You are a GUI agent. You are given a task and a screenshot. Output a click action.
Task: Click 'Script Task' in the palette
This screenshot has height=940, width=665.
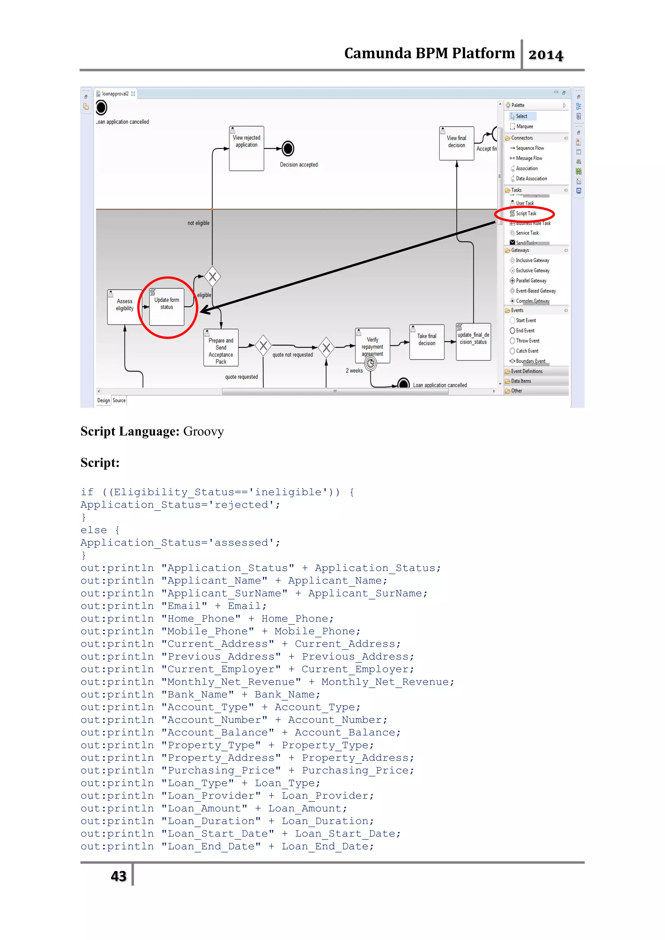526,213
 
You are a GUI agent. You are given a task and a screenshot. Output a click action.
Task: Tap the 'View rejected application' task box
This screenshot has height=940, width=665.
246,148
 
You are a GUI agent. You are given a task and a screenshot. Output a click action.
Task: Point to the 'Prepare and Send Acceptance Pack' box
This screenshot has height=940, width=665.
221,348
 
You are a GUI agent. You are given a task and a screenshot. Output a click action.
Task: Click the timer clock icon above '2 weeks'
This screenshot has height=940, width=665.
370,364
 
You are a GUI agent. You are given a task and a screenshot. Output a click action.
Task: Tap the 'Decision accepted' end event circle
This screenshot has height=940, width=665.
288,149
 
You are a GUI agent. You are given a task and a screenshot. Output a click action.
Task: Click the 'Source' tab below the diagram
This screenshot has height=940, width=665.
119,401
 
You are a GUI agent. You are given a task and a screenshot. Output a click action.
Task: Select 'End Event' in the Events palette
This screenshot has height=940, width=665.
525,331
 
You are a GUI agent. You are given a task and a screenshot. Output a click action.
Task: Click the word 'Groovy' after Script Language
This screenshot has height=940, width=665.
204,431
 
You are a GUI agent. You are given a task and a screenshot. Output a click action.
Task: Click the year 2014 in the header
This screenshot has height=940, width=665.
546,55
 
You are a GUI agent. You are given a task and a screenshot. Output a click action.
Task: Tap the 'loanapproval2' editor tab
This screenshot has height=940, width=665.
115,94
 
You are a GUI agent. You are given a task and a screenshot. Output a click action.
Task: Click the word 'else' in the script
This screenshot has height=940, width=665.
94,530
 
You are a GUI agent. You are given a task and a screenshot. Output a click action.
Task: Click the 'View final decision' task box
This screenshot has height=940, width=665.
456,143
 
